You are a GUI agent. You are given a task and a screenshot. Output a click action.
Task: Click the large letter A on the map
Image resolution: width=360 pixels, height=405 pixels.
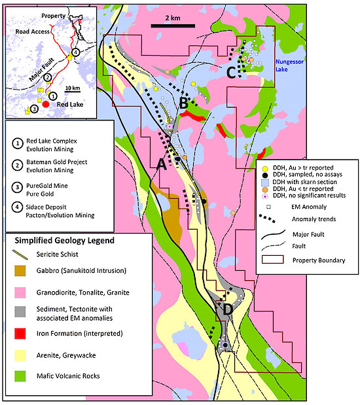click(x=162, y=164)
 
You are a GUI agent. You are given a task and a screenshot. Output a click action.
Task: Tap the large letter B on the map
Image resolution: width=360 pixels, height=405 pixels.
click(x=183, y=103)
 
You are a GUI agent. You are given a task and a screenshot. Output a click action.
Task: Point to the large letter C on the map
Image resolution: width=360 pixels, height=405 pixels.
click(x=231, y=73)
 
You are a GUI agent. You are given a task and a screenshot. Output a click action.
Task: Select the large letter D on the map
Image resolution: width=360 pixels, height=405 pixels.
click(x=228, y=309)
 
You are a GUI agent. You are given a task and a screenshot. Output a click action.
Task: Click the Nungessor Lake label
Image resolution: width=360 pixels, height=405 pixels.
click(x=289, y=65)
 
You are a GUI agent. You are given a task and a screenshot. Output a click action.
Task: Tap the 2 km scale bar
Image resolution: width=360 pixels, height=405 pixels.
click(x=173, y=26)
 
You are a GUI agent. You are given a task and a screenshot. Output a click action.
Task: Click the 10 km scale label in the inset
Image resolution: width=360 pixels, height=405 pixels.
click(x=73, y=88)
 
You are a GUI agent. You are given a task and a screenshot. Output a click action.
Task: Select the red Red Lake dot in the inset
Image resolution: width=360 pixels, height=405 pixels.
click(x=46, y=104)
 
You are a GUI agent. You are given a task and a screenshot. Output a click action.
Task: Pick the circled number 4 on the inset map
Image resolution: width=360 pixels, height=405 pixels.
click(x=75, y=52)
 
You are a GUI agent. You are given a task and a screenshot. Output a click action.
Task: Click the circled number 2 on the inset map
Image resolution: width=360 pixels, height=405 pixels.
click(x=47, y=77)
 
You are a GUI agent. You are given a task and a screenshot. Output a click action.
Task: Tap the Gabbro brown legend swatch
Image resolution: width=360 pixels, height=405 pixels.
click(x=20, y=271)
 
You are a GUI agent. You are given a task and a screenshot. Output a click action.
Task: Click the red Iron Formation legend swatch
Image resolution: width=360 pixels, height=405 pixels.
click(x=20, y=334)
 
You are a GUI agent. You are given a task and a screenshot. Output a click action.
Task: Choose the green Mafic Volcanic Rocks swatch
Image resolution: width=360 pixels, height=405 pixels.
click(x=20, y=376)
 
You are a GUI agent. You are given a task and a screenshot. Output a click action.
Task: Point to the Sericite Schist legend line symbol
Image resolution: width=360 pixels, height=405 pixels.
click(x=20, y=255)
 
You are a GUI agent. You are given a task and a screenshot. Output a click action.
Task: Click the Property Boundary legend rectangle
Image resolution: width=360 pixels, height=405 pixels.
click(x=273, y=260)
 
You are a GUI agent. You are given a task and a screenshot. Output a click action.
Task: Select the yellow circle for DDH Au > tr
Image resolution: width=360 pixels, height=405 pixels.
click(x=265, y=168)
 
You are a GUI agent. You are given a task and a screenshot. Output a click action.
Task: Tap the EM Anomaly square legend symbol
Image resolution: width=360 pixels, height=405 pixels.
click(x=268, y=207)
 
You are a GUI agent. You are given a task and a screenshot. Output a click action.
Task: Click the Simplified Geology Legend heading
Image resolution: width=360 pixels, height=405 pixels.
click(x=64, y=241)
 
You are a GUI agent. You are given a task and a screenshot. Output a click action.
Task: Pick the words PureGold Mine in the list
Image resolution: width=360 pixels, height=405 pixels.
click(x=47, y=186)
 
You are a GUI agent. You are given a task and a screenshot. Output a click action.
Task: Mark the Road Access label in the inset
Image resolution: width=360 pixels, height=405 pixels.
click(x=32, y=31)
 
